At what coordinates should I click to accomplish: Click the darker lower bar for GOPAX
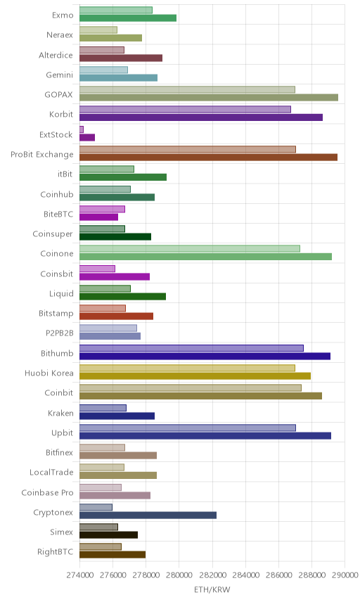209,98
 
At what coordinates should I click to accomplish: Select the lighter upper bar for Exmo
116,10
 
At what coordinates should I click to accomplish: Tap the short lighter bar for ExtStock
82,129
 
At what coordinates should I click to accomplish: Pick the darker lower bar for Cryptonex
148,515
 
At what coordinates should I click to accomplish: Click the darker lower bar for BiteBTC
98,217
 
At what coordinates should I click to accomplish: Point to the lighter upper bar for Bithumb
191,348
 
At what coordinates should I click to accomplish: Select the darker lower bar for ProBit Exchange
208,157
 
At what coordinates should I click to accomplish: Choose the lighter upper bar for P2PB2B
108,328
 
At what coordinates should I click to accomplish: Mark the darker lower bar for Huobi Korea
195,376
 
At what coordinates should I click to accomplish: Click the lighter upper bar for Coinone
190,248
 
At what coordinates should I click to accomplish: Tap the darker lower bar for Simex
108,534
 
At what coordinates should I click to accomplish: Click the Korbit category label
61,115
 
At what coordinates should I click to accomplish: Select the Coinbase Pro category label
47,492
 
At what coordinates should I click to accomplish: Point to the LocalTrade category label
51,472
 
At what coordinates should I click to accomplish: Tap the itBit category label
65,174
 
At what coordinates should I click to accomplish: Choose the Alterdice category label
56,56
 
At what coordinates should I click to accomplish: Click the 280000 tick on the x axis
179,575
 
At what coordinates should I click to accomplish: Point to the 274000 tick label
79,575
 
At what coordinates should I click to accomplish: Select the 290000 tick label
345,575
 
